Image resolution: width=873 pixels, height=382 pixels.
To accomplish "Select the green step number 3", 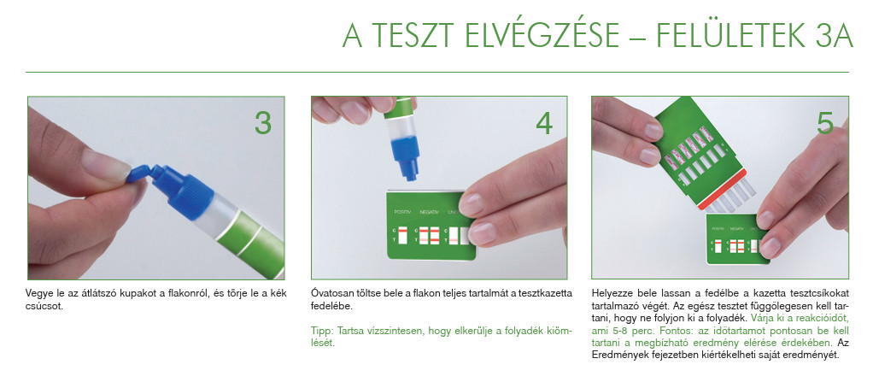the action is point(263,123).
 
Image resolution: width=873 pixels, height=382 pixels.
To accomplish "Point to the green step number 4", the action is point(544,123).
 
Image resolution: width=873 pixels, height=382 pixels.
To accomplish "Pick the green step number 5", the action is point(825,123).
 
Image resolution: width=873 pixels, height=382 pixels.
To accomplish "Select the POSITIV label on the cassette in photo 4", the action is point(402,212).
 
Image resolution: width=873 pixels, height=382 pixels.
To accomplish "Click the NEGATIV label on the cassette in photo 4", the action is point(429,212).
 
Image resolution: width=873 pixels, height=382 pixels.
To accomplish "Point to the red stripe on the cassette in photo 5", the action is point(722,190).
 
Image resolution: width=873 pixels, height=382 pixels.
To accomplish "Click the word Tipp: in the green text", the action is point(320,331).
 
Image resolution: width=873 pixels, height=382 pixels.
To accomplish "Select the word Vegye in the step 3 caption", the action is point(39,293).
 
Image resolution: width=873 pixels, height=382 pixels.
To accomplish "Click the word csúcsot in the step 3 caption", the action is point(44,306).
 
